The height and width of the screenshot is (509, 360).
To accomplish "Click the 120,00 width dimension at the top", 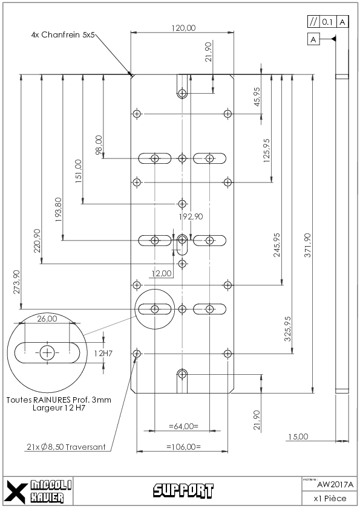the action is click(183, 28).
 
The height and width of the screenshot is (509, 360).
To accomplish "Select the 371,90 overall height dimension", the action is click(307, 245).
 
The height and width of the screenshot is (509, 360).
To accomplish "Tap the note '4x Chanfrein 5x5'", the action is click(63, 34).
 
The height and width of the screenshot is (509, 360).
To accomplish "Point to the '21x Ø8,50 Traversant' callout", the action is click(66, 447).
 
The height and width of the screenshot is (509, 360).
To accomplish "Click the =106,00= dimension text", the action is click(183, 447).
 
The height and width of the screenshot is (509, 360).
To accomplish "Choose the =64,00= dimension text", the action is click(183, 426).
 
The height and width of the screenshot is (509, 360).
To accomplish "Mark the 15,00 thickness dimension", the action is click(298, 436).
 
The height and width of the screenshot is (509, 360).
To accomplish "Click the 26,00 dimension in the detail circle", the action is click(47, 319).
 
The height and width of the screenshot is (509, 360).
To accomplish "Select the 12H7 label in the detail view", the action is click(103, 353).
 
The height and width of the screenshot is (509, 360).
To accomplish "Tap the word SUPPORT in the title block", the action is click(183, 490).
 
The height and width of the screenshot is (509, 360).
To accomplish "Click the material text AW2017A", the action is click(335, 485).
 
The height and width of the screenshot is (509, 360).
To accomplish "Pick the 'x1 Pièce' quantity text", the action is click(330, 498).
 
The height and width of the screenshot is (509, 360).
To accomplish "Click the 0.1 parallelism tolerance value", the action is click(327, 22).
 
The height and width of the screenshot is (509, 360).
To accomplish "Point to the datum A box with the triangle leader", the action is click(313, 40).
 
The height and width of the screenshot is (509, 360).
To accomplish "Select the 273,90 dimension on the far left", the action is click(16, 282).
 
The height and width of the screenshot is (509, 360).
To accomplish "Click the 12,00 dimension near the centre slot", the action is click(162, 273).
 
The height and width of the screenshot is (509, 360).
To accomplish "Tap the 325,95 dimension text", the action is click(287, 329).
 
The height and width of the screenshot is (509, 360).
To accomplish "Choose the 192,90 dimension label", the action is click(191, 216).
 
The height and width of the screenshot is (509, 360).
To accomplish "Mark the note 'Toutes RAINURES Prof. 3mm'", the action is click(59, 400).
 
